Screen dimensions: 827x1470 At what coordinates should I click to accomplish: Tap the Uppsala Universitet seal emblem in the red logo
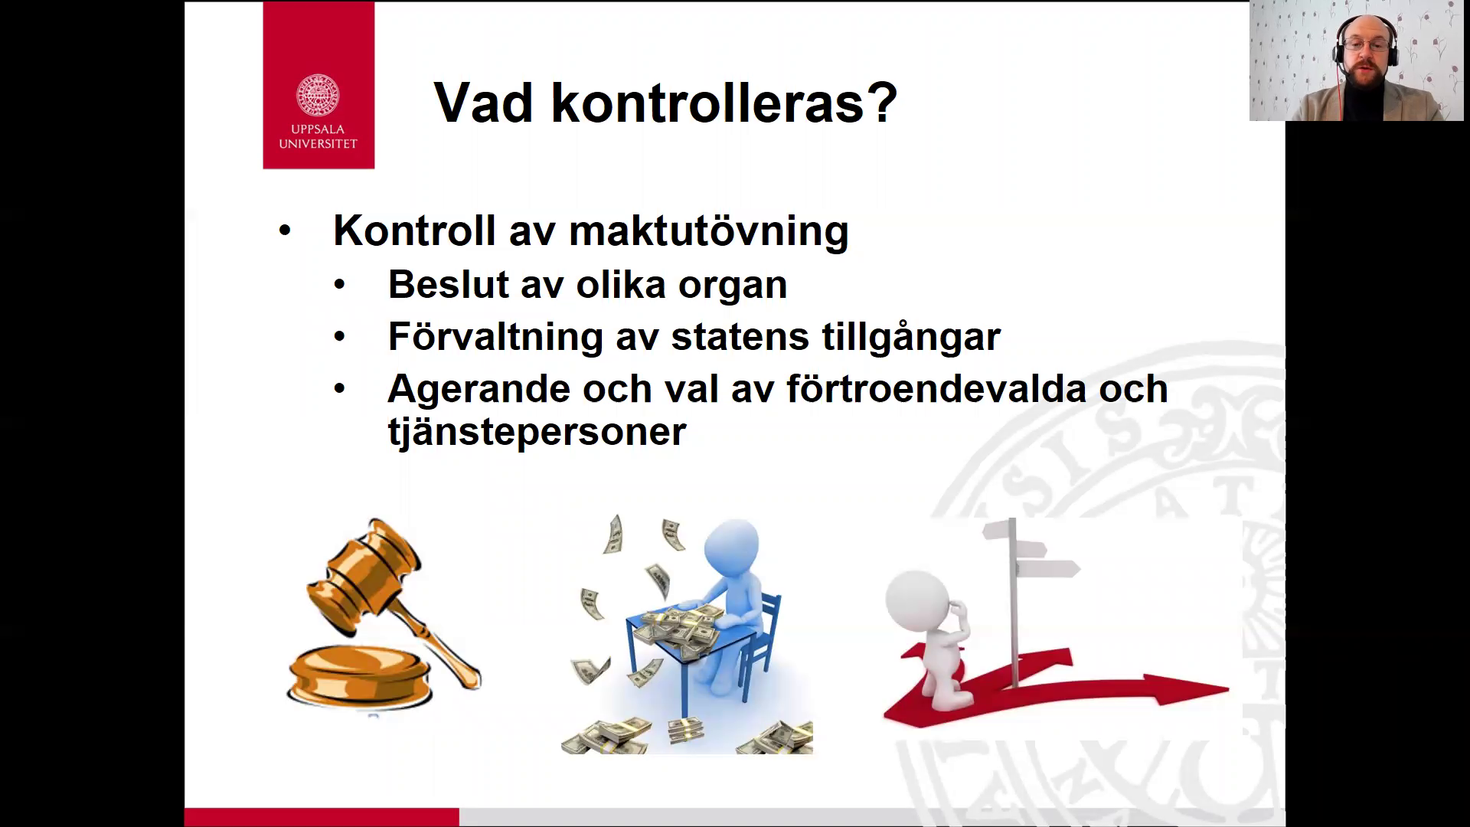pos(318,96)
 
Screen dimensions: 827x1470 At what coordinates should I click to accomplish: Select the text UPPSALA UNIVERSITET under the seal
pos(318,136)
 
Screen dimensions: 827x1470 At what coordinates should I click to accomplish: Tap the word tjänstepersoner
pos(537,431)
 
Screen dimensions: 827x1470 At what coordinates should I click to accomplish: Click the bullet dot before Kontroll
pos(285,230)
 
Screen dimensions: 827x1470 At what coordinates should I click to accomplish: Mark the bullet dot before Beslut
pos(340,285)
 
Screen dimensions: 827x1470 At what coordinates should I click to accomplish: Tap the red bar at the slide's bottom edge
pos(322,817)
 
